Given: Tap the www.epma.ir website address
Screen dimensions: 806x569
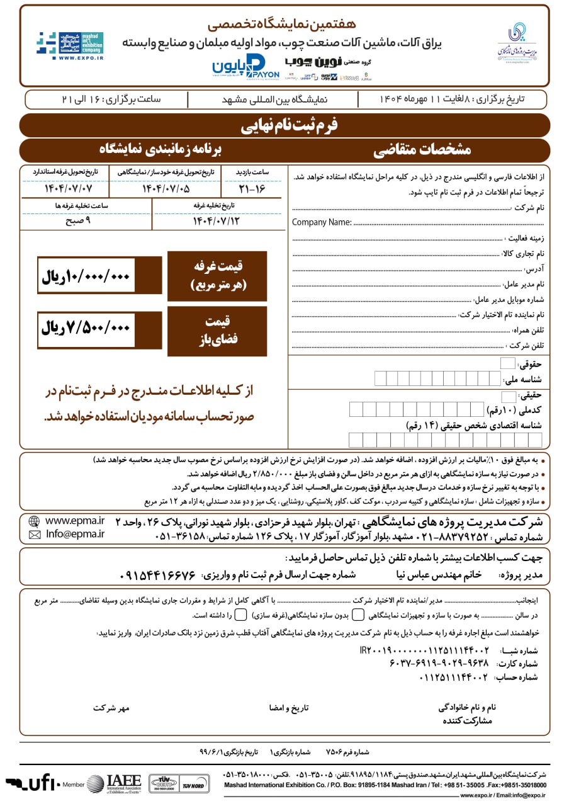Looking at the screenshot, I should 75,521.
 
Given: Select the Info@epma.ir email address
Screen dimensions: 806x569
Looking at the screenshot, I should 75,535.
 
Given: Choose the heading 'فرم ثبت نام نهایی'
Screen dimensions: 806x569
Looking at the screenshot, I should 289,125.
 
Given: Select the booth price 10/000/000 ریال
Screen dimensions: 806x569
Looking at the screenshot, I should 86,276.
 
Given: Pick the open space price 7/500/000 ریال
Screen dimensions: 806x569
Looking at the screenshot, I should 86,328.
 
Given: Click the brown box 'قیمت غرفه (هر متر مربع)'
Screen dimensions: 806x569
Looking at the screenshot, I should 217,276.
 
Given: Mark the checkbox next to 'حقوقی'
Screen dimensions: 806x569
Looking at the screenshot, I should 507,363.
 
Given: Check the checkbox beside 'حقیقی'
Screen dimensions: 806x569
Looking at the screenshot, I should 508,396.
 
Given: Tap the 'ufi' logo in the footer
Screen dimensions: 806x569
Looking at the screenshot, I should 31,783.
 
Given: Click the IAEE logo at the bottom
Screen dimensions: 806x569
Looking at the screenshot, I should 114,783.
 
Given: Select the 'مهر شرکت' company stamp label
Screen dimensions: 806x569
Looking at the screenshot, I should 111,708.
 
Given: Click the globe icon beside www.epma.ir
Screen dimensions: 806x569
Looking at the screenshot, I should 34,521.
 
